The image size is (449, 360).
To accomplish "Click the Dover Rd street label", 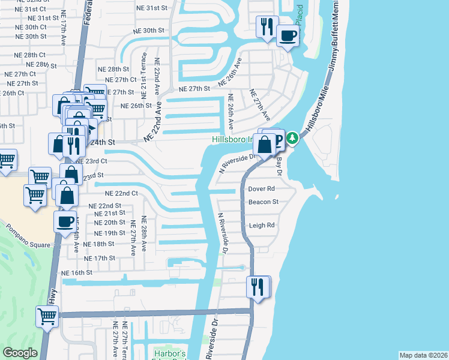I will tap(262, 188).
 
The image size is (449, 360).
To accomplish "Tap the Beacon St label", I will tap(264, 202).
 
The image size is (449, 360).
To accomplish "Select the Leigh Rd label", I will tap(262, 226).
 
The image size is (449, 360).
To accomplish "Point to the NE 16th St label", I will tap(77, 272).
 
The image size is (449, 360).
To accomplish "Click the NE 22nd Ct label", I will tap(122, 194).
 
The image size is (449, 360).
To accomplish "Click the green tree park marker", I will tap(292, 139).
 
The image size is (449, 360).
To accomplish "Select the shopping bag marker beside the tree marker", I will tap(264, 144).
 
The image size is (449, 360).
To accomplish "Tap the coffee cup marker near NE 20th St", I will tap(65, 221).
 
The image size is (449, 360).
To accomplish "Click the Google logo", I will tap(20, 353).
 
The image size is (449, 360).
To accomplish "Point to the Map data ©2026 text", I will tap(423, 355).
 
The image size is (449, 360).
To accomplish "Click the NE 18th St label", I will tap(98, 244).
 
